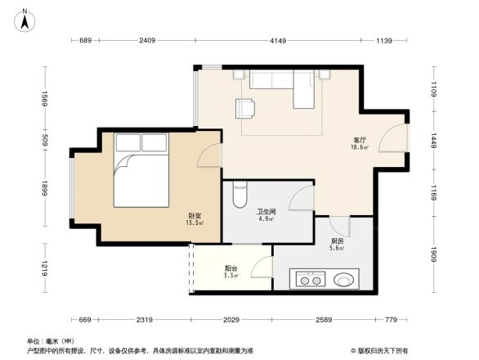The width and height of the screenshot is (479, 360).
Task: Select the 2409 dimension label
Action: tap(147, 41)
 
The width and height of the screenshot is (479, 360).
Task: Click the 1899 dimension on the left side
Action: tap(46, 190)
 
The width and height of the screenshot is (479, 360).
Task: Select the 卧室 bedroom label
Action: tap(195, 217)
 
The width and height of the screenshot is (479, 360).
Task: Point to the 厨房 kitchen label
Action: tap(337, 242)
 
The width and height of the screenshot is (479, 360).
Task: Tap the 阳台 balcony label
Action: tap(232, 269)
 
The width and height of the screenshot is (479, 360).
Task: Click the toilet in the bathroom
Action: tap(239, 195)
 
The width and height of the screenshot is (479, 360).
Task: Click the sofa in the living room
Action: tap(281, 85)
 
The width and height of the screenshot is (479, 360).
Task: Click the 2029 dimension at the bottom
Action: tap(231, 320)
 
